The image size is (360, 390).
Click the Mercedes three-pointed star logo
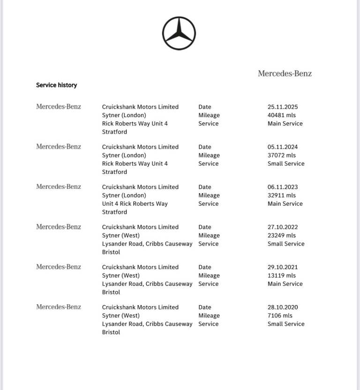click(179, 33)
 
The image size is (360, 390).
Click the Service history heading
click(56, 85)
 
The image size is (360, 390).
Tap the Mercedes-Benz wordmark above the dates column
click(285, 74)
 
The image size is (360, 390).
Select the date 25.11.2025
click(283, 107)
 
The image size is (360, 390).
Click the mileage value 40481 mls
click(282, 115)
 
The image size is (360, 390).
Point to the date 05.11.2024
click(283, 147)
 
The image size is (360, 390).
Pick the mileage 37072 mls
click(282, 156)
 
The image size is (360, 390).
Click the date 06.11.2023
click(283, 187)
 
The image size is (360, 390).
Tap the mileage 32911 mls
click(282, 195)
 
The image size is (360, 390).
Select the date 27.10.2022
click(283, 227)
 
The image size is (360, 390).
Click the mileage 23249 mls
click(282, 236)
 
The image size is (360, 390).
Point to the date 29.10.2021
click(283, 267)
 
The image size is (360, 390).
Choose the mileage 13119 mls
click(282, 276)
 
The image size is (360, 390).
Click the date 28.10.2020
click(283, 307)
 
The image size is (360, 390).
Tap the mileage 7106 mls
click(280, 316)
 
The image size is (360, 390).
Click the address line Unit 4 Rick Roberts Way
click(135, 204)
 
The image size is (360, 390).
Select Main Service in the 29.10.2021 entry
click(285, 284)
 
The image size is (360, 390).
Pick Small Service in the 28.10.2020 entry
click(286, 324)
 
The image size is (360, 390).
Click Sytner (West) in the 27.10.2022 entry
click(121, 236)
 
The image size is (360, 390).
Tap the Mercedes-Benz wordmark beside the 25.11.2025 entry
click(59, 107)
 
